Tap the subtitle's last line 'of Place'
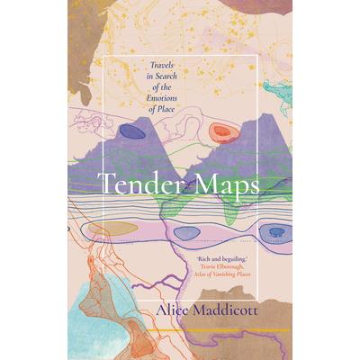[147, 99]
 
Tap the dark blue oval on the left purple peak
[133, 131]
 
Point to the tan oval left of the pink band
[112, 229]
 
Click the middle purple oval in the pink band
[187, 233]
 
